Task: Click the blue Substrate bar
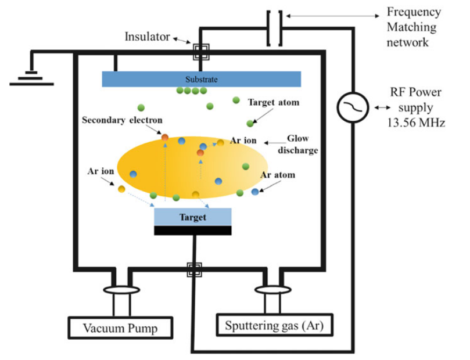pyautogui.click(x=201, y=79)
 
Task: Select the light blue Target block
pyautogui.click(x=193, y=217)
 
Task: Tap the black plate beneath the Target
pyautogui.click(x=193, y=231)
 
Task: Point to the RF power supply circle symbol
pyautogui.click(x=353, y=108)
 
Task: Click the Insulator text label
pyautogui.click(x=148, y=37)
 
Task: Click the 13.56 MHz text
pyautogui.click(x=416, y=123)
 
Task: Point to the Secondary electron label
pyautogui.click(x=122, y=120)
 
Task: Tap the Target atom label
pyautogui.click(x=274, y=103)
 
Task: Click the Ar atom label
pyautogui.click(x=278, y=175)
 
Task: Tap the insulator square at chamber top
pyautogui.click(x=201, y=51)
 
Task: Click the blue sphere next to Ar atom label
pyautogui.click(x=254, y=192)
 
